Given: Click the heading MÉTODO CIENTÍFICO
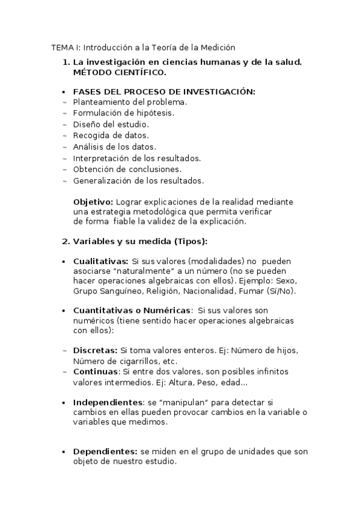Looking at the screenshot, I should click(120, 72).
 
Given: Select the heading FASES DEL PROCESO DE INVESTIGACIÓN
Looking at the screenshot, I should click(164, 91).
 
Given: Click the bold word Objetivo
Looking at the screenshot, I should click(93, 202).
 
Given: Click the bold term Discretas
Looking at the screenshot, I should click(95, 350).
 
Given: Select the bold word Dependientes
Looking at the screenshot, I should click(105, 451).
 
